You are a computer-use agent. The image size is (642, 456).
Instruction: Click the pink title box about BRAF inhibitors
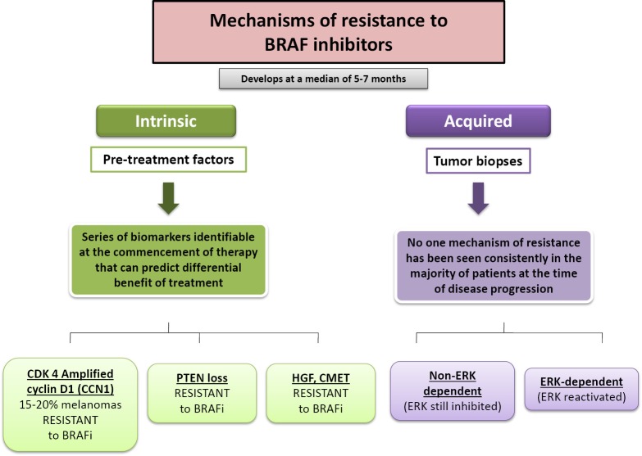[328, 32]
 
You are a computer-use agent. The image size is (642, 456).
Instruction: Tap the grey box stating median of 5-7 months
[323, 79]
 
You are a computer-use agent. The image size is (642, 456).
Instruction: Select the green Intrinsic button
[166, 121]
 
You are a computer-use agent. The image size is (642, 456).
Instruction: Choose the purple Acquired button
[478, 121]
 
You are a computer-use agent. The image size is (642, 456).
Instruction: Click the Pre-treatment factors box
[168, 160]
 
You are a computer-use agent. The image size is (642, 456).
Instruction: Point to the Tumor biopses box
[478, 160]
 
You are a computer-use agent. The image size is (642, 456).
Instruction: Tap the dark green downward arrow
[168, 198]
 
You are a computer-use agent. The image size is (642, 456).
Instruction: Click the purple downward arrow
[478, 198]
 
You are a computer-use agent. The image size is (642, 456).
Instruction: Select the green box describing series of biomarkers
[168, 260]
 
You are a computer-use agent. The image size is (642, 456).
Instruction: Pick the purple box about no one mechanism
[494, 266]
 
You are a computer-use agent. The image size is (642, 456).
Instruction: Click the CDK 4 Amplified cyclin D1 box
[71, 404]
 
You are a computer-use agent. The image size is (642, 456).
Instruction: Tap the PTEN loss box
[202, 393]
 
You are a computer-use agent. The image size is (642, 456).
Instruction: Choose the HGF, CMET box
[321, 393]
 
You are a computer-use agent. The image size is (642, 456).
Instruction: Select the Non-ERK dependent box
[453, 391]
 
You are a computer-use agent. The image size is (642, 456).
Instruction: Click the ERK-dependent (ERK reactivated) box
[581, 389]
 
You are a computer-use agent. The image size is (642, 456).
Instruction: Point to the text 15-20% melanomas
[71, 405]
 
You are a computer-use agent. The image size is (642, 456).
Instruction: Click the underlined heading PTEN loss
[202, 378]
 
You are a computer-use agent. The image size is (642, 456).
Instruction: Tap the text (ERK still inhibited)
[453, 406]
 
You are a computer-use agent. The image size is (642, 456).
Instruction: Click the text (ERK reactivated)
[581, 397]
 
